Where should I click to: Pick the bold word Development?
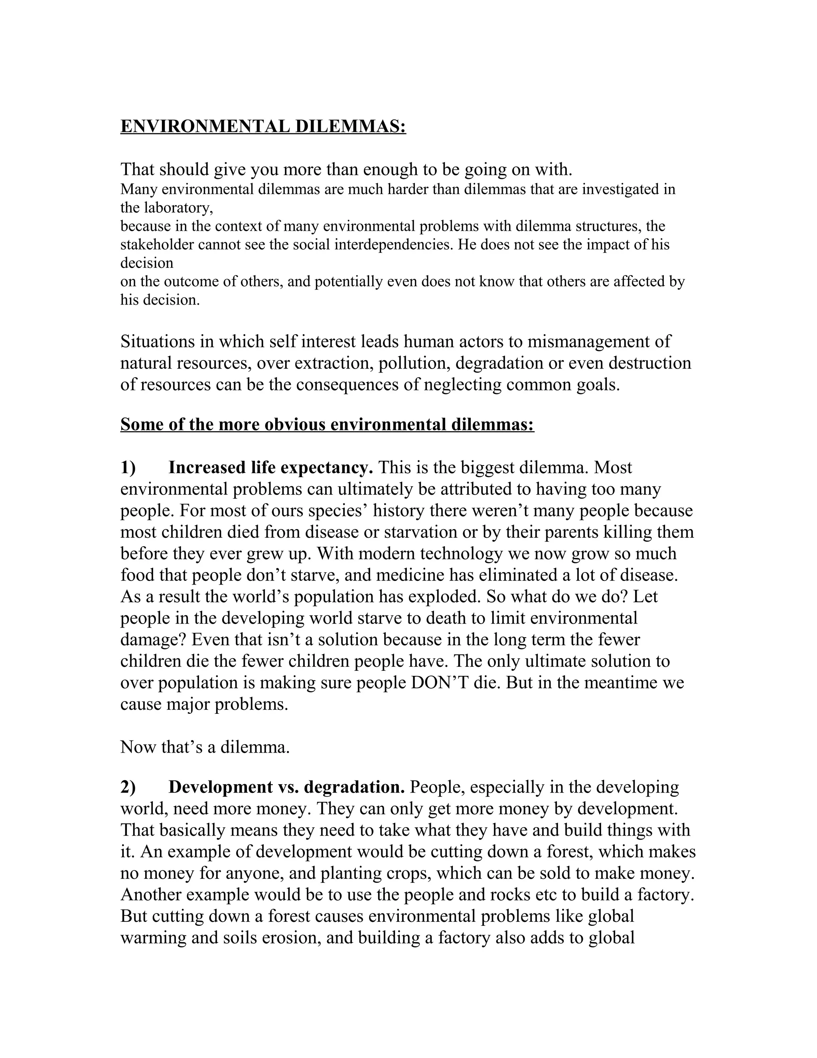click(221, 787)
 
